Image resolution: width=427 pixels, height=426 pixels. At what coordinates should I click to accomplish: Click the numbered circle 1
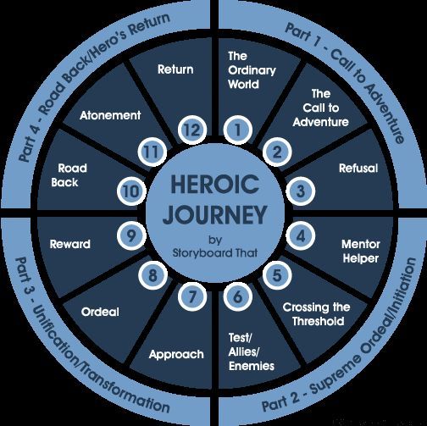(239, 130)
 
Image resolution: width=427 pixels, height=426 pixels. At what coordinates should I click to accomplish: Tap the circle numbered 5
(276, 274)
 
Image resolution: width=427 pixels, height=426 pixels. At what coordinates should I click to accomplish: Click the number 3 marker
(299, 192)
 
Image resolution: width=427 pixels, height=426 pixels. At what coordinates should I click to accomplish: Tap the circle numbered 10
(130, 191)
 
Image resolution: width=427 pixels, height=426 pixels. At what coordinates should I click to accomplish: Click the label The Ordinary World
(247, 71)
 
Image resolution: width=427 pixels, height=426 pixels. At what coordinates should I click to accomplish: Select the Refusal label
(357, 168)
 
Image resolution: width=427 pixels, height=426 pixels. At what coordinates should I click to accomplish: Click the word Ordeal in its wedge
(101, 311)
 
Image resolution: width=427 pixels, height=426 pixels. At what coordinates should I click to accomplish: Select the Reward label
(69, 244)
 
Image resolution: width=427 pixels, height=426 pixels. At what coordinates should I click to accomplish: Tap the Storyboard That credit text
(213, 252)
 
